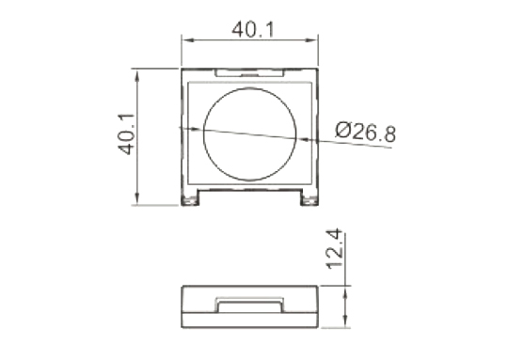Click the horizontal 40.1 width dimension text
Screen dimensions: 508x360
click(253, 29)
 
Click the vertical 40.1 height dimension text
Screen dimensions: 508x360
click(126, 134)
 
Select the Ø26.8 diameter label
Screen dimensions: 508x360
click(365, 132)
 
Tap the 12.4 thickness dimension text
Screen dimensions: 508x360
click(334, 249)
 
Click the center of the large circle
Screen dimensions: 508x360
click(249, 134)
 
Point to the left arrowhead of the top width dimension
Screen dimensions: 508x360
click(187, 40)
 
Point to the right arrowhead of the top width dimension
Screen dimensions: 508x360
click(311, 40)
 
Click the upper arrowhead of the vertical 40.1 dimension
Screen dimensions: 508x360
click(137, 77)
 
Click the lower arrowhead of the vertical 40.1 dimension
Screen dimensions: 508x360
click(137, 198)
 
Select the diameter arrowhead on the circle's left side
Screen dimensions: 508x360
click(197, 129)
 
